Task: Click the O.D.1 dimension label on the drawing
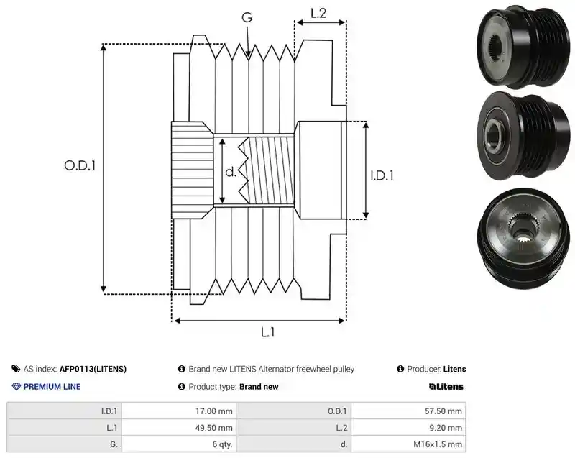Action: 80,166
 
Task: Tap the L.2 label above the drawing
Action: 318,13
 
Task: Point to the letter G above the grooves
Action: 247,17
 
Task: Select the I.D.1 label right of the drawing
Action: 382,175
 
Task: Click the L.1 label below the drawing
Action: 267,332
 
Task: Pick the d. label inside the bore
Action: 231,172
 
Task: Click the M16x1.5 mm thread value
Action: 438,444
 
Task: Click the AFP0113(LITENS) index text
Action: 93,369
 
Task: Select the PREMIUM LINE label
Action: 52,387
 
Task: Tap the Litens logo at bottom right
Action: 446,387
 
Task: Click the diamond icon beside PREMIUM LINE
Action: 17,387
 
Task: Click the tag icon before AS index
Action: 16,369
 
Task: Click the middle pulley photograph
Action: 524,137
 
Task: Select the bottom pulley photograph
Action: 524,235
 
